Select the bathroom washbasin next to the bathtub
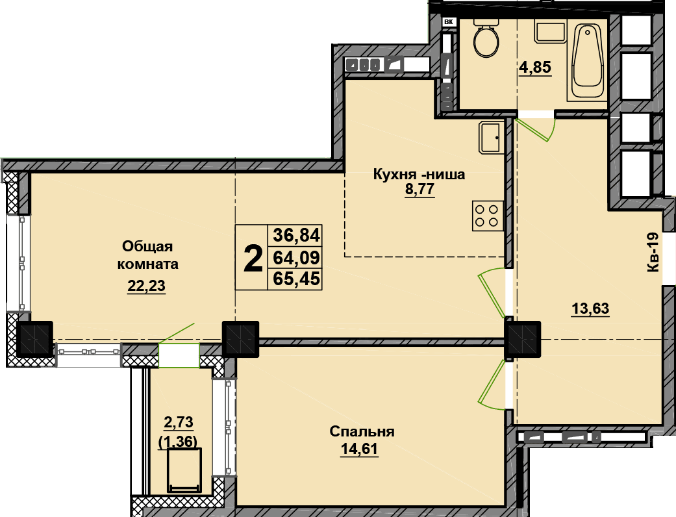550,31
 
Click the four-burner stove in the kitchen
488,216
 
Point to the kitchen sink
491,137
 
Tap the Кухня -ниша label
419,175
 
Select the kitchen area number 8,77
419,190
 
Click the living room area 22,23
146,285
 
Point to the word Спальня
362,432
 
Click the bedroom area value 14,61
359,449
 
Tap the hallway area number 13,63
590,309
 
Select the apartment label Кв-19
653,252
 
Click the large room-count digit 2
253,258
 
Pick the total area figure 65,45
297,279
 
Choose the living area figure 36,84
297,235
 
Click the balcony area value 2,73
178,422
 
